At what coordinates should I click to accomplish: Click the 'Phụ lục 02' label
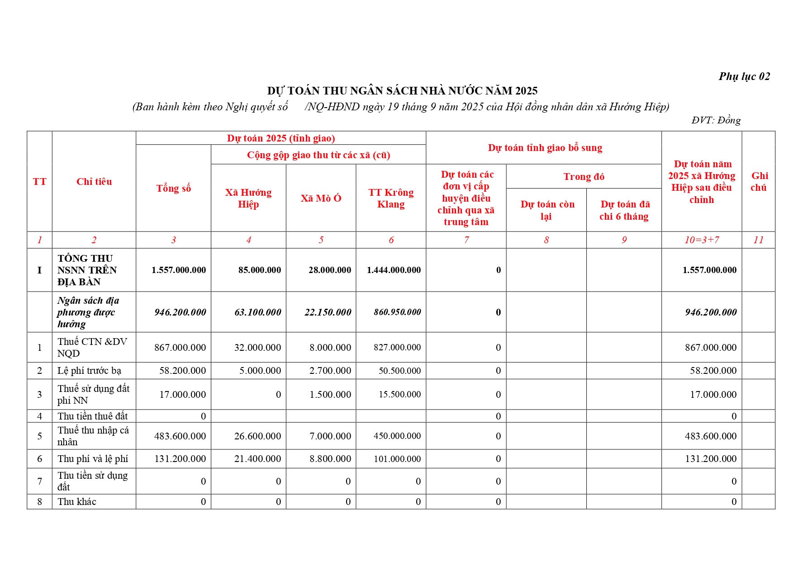click(744, 76)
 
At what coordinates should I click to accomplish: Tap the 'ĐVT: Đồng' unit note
click(716, 120)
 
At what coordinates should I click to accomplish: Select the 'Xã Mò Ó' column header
click(321, 198)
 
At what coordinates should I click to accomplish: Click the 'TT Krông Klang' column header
click(391, 198)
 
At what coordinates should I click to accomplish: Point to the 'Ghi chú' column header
click(759, 181)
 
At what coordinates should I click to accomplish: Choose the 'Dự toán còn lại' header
click(547, 210)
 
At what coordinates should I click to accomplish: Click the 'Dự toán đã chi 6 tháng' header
click(624, 210)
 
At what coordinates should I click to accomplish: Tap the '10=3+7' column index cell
click(701, 240)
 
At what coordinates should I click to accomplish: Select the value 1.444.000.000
click(394, 270)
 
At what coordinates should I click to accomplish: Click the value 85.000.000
click(260, 270)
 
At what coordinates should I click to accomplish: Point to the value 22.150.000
click(328, 312)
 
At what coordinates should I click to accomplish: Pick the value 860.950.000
click(397, 312)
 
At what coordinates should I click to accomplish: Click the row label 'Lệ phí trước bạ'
click(89, 371)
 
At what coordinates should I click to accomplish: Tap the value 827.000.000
click(397, 348)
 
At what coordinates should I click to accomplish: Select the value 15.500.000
click(399, 395)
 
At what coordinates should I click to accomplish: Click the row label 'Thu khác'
click(77, 502)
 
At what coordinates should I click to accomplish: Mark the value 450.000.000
click(397, 436)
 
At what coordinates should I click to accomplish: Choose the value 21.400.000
click(257, 459)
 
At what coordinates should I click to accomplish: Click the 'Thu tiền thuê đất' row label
click(92, 416)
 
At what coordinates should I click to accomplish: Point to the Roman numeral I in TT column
click(39, 270)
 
